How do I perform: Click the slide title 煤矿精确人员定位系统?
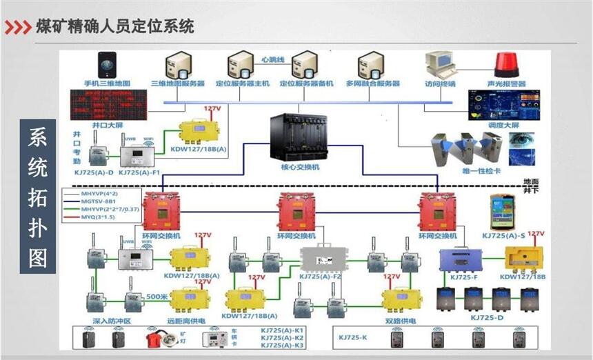[115, 27]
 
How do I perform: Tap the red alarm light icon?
[509, 64]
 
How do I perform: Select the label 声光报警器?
[507, 84]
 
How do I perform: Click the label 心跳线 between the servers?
[273, 60]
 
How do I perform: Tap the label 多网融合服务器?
[373, 84]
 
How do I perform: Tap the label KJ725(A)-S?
[503, 235]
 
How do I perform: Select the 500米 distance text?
[157, 297]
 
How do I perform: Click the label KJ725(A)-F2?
[320, 277]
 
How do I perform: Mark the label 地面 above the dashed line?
[530, 181]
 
